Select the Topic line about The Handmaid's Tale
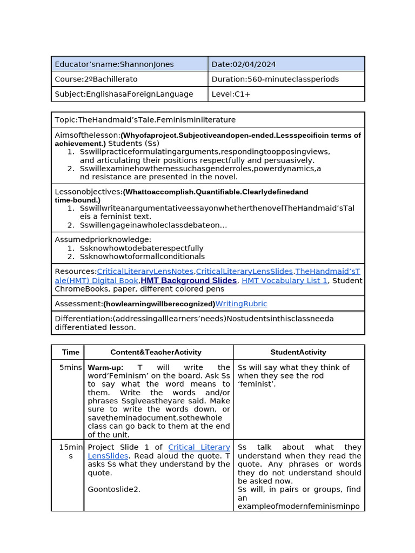coord(145,119)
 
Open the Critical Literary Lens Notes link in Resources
coord(145,271)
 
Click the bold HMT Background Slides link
coord(189,280)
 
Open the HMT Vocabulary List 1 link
coord(284,280)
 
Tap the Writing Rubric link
coord(241,304)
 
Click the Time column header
coord(71,352)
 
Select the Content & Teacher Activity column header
coord(156,352)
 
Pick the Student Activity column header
coord(298,352)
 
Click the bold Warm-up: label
coord(105,367)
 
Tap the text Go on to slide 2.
coord(114,489)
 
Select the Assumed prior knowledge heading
coord(103,239)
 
